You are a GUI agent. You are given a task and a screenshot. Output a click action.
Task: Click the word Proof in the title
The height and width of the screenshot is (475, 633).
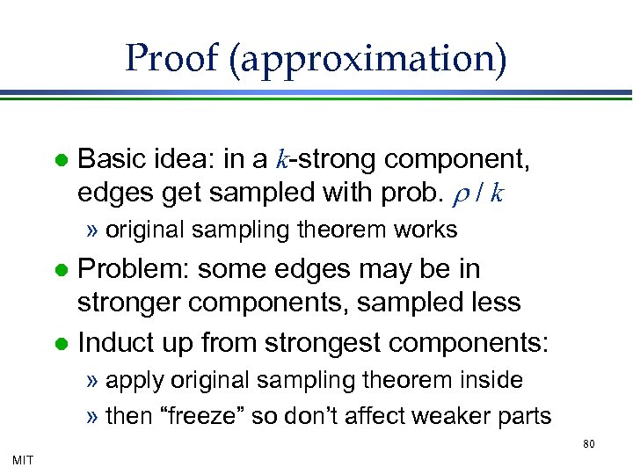point(171,59)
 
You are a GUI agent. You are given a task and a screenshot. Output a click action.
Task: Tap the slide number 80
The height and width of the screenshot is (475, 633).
point(589,444)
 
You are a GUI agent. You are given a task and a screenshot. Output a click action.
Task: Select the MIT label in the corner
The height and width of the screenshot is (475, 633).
point(24,458)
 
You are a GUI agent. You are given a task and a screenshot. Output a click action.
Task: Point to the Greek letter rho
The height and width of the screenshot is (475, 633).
point(455,193)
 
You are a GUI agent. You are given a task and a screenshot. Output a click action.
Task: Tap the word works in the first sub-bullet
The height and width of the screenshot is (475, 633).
point(426,230)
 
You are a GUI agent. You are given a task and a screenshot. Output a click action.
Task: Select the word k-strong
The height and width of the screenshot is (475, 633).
point(327,160)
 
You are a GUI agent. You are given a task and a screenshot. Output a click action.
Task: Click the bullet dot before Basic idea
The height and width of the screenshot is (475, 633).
point(61,161)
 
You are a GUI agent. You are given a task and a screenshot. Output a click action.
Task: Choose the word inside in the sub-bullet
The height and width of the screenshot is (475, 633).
point(491,380)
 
